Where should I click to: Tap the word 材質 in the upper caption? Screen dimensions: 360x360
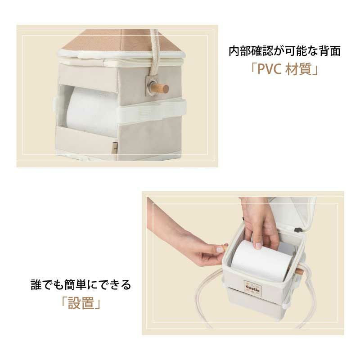click(x=298, y=69)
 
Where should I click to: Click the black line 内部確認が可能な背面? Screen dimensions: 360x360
click(x=284, y=51)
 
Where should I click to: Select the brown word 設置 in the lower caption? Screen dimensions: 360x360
click(x=81, y=303)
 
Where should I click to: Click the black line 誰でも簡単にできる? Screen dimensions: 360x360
click(x=81, y=285)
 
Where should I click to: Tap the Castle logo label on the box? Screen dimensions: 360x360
click(x=252, y=287)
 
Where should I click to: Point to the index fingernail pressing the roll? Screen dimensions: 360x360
click(x=258, y=246)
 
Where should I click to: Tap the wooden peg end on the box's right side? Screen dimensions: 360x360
click(x=299, y=272)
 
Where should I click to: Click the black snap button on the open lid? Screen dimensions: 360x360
click(x=298, y=229)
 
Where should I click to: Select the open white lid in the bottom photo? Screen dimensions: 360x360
click(x=292, y=216)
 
